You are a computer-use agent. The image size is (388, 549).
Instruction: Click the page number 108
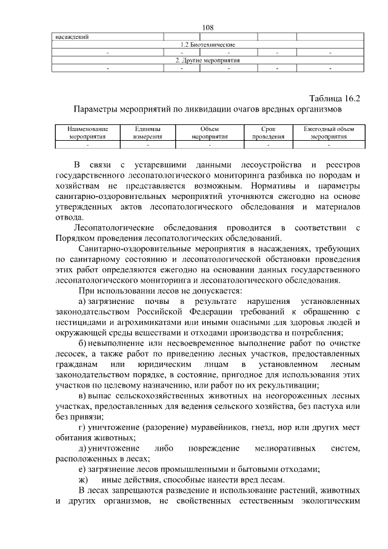209,27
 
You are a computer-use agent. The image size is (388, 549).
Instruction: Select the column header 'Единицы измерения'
148,133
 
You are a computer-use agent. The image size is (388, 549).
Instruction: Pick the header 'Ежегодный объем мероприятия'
329,133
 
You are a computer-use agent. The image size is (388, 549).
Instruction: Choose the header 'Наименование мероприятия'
88,133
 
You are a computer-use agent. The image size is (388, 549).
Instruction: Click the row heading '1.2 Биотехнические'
208,45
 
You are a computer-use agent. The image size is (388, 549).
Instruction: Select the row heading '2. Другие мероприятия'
208,61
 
